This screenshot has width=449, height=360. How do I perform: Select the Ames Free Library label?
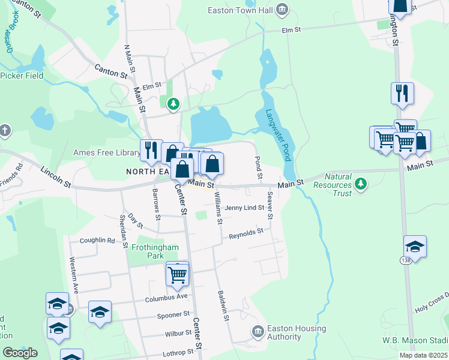pyautogui.click(x=106, y=153)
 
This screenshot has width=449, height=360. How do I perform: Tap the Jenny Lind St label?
pyautogui.click(x=244, y=208)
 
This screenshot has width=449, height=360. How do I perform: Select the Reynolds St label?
pyautogui.click(x=246, y=233)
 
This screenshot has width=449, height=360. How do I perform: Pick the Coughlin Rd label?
pyautogui.click(x=97, y=240)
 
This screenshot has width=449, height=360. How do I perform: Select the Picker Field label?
pyautogui.click(x=22, y=76)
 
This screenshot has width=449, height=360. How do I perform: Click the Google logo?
pyautogui.click(x=20, y=352)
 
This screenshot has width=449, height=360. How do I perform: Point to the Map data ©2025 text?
pyautogui.click(x=423, y=355)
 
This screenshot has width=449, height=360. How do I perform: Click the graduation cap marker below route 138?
pyautogui.click(x=415, y=246)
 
